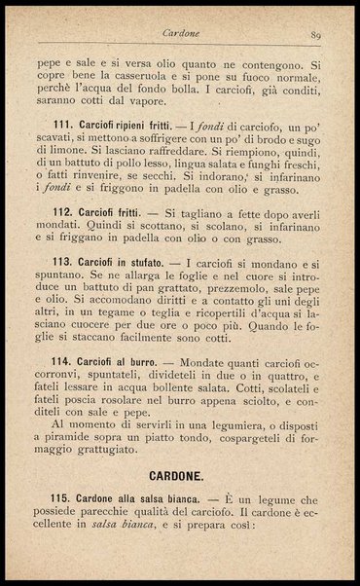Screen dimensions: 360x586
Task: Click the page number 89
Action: point(316,35)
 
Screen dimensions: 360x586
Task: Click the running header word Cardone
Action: point(182,35)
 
